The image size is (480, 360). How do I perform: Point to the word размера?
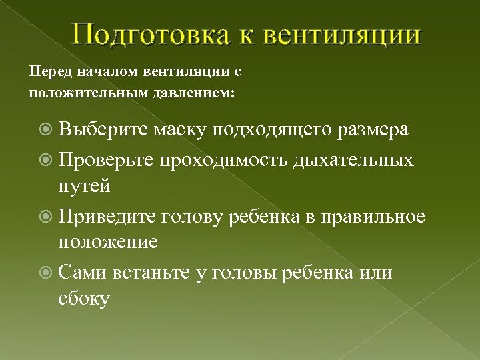(x=372, y=129)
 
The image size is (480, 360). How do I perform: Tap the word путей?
(x=84, y=186)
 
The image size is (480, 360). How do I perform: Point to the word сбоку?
(x=84, y=299)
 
